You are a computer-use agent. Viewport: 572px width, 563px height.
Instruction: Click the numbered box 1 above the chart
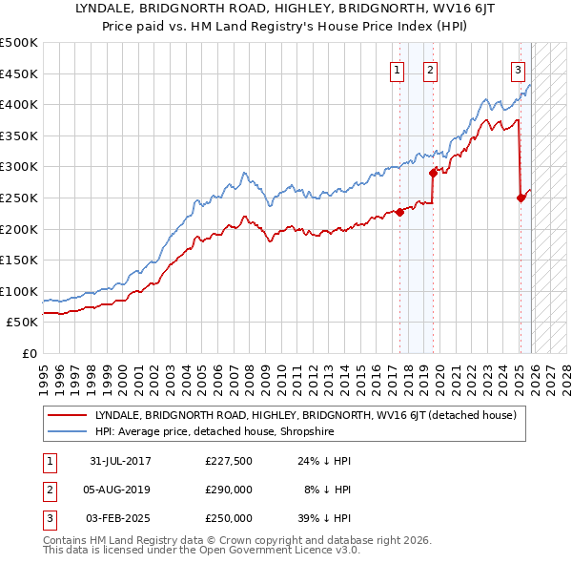[x=396, y=69]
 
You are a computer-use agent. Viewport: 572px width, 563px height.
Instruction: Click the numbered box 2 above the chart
[x=430, y=69]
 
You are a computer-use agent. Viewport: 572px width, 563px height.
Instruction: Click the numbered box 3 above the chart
[x=518, y=69]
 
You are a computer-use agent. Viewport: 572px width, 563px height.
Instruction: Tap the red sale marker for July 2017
[x=399, y=212]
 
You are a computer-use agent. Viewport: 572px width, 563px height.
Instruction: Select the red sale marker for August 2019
[x=433, y=173]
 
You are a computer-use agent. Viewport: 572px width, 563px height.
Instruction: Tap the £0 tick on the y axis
[x=31, y=353]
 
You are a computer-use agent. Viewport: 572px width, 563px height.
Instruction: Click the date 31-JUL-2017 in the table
[x=120, y=461]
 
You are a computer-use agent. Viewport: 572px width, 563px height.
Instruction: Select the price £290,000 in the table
[x=229, y=490]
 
